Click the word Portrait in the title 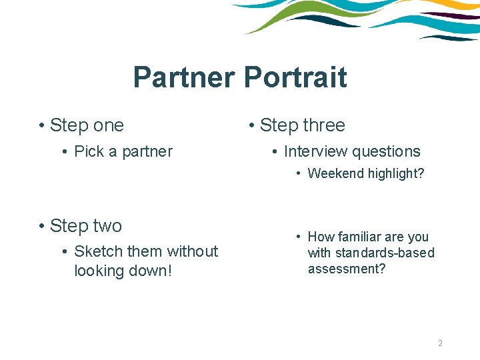pyautogui.click(x=295, y=77)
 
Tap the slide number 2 pyautogui.click(x=440, y=343)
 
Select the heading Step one pyautogui.click(x=87, y=125)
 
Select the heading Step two pyautogui.click(x=86, y=226)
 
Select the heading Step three pyautogui.click(x=302, y=125)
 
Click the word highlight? pyautogui.click(x=393, y=174)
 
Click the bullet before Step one pyautogui.click(x=41, y=125)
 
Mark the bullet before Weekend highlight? pyautogui.click(x=300, y=174)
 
